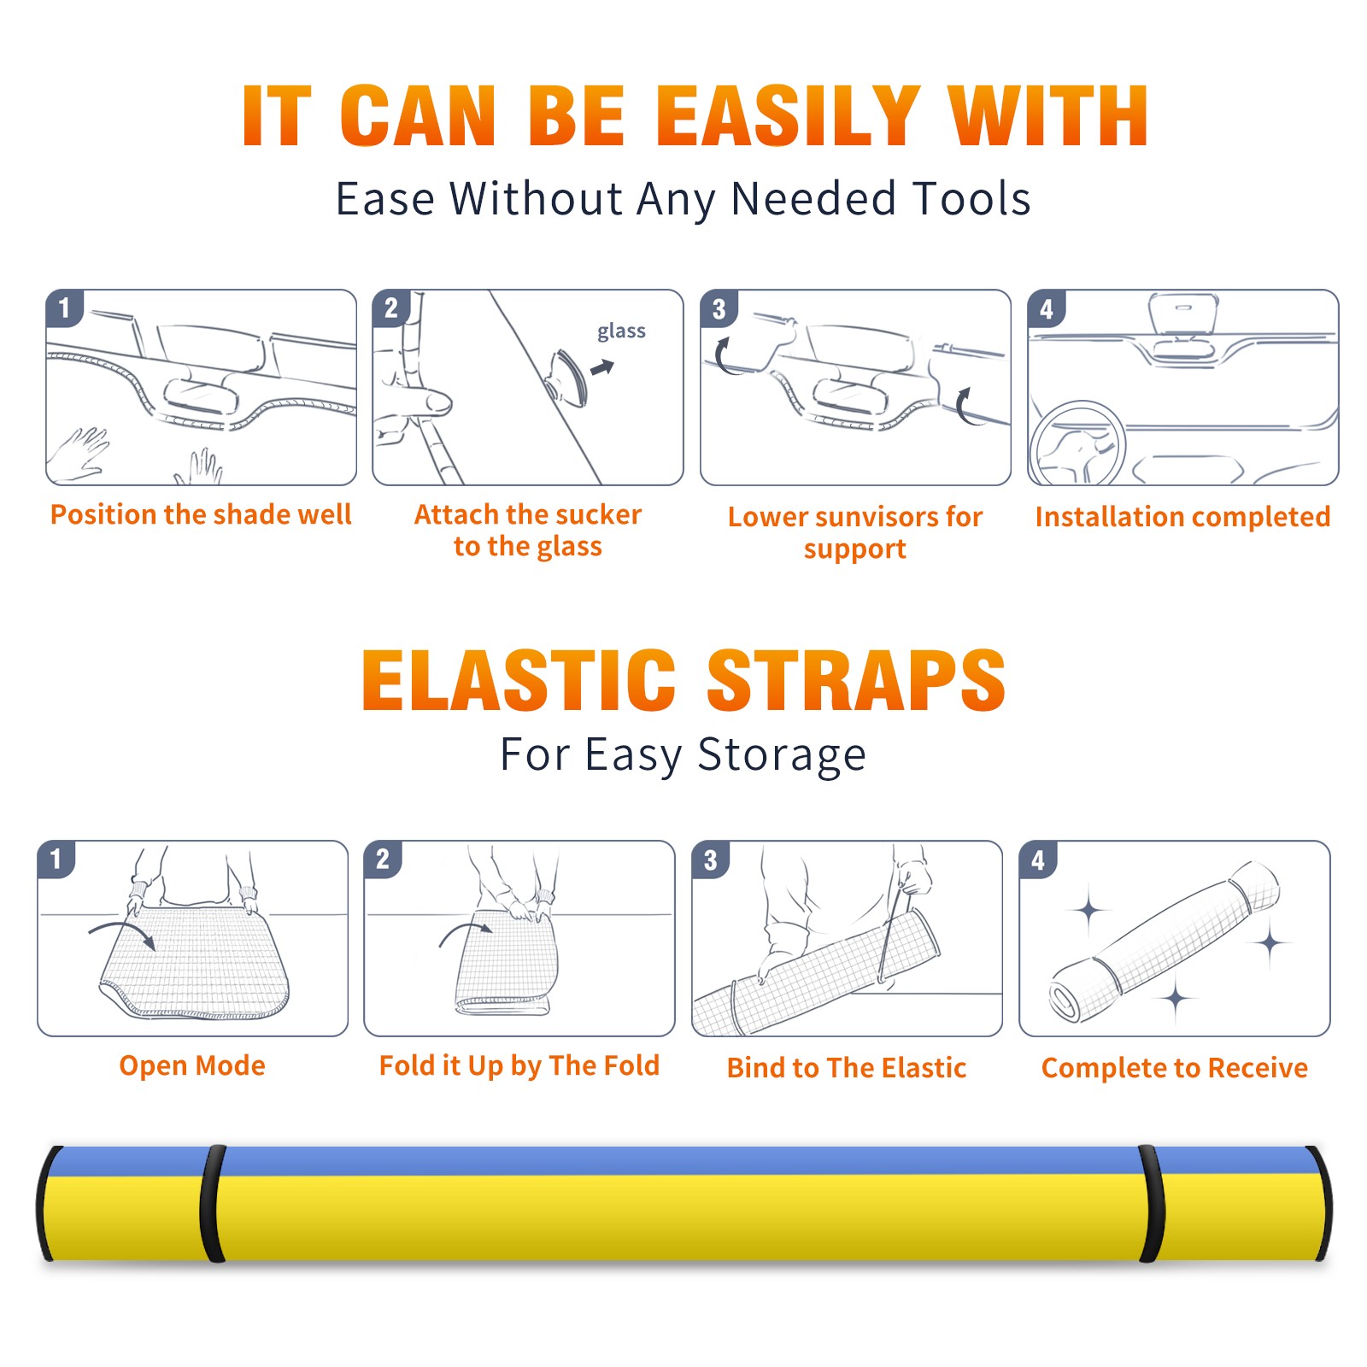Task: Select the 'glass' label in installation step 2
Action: tap(621, 331)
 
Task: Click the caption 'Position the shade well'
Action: tap(201, 514)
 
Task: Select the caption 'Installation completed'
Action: tap(1182, 517)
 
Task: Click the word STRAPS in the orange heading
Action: tap(857, 680)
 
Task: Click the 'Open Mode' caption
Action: tap(192, 1065)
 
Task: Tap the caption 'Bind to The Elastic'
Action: tap(847, 1068)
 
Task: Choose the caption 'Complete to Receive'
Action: tap(1175, 1068)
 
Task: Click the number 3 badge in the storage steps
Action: tap(710, 860)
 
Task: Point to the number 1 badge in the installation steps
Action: tap(65, 308)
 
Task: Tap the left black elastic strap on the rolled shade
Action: tap(213, 1203)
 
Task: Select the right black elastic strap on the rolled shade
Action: tap(1152, 1203)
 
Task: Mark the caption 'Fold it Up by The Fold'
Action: tap(519, 1066)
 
